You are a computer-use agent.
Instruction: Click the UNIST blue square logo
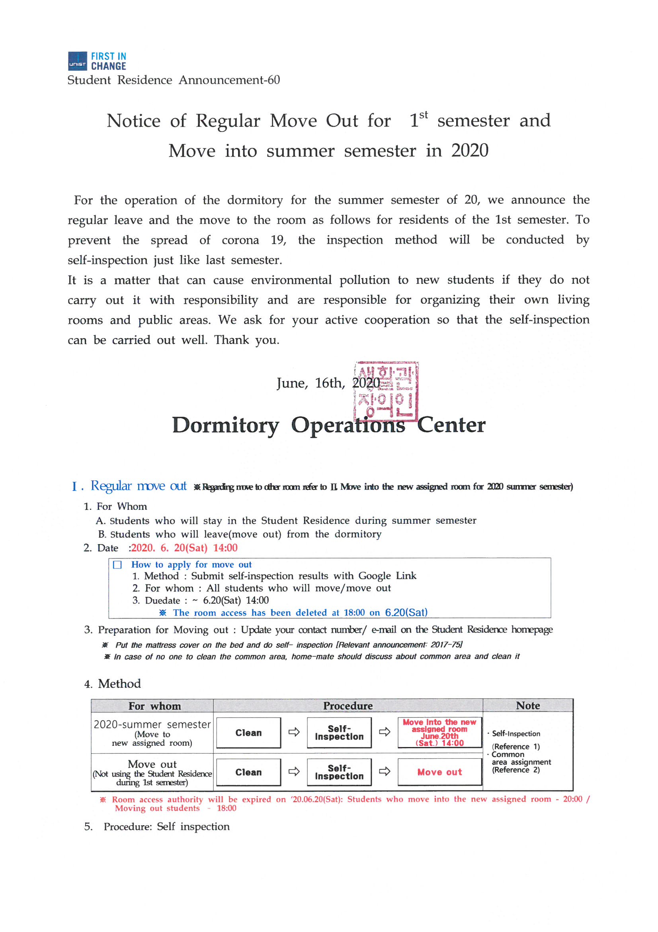point(77,61)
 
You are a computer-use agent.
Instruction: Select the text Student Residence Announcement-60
point(174,80)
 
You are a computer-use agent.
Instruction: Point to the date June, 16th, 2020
point(328,383)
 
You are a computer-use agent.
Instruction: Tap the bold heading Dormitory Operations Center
point(328,425)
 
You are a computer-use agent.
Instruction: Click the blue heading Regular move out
point(138,486)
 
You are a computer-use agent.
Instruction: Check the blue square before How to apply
point(117,564)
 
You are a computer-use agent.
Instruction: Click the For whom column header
point(154,706)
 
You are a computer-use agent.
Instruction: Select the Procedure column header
point(348,706)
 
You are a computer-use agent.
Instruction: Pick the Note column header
point(527,706)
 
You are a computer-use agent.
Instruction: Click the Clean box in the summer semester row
point(248,733)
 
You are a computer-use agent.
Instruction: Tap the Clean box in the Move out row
point(248,773)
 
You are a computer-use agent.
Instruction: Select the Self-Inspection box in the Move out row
point(339,773)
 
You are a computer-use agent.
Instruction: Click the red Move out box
point(439,773)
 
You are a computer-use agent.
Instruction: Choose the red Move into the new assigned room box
point(439,733)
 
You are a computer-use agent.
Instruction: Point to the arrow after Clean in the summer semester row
point(294,732)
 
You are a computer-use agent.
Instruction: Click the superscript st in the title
point(423,115)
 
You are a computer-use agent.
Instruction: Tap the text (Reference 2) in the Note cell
point(516,770)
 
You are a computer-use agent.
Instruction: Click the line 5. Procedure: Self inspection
point(157,827)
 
